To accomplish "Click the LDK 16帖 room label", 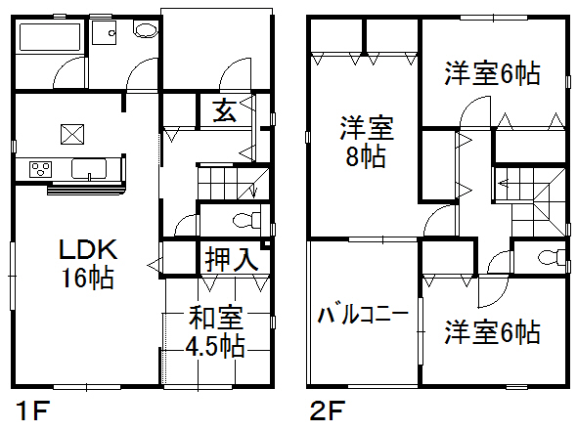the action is pyautogui.click(x=88, y=263).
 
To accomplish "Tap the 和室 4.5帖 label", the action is pyautogui.click(x=215, y=331).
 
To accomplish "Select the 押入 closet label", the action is pyautogui.click(x=232, y=260).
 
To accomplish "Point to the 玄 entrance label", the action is pyautogui.click(x=225, y=110).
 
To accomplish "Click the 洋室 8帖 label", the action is pyautogui.click(x=367, y=142).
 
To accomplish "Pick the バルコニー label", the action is pyautogui.click(x=363, y=315).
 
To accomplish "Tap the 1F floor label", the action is pyautogui.click(x=33, y=410).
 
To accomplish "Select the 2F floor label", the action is pyautogui.click(x=328, y=410).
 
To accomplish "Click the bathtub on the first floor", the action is pyautogui.click(x=50, y=37).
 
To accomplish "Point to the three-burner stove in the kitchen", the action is pyautogui.click(x=40, y=169).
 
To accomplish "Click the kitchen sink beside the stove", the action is pyautogui.click(x=89, y=169).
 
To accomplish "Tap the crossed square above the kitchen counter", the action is pyautogui.click(x=72, y=134).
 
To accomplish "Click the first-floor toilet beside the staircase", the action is pyautogui.click(x=246, y=220).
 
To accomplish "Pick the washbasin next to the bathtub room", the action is pyautogui.click(x=104, y=32).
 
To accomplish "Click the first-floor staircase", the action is pyautogui.click(x=234, y=183).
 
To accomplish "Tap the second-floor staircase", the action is pyautogui.click(x=530, y=201).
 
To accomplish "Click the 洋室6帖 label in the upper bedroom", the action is pyautogui.click(x=492, y=73).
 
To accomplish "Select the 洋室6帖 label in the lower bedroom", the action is pyautogui.click(x=492, y=332).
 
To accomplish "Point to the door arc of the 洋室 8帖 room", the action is pyautogui.click(x=434, y=214).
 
